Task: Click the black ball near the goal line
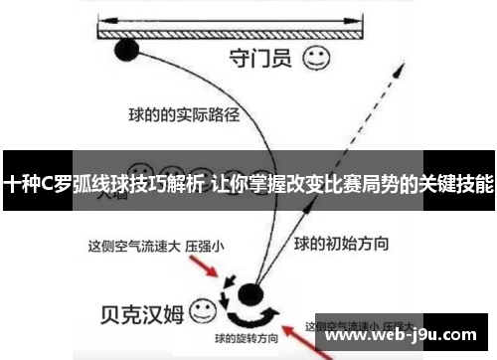point(127,50)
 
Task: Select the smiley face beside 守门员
point(317,58)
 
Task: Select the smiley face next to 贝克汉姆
point(204,311)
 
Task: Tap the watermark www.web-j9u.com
point(407,338)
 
